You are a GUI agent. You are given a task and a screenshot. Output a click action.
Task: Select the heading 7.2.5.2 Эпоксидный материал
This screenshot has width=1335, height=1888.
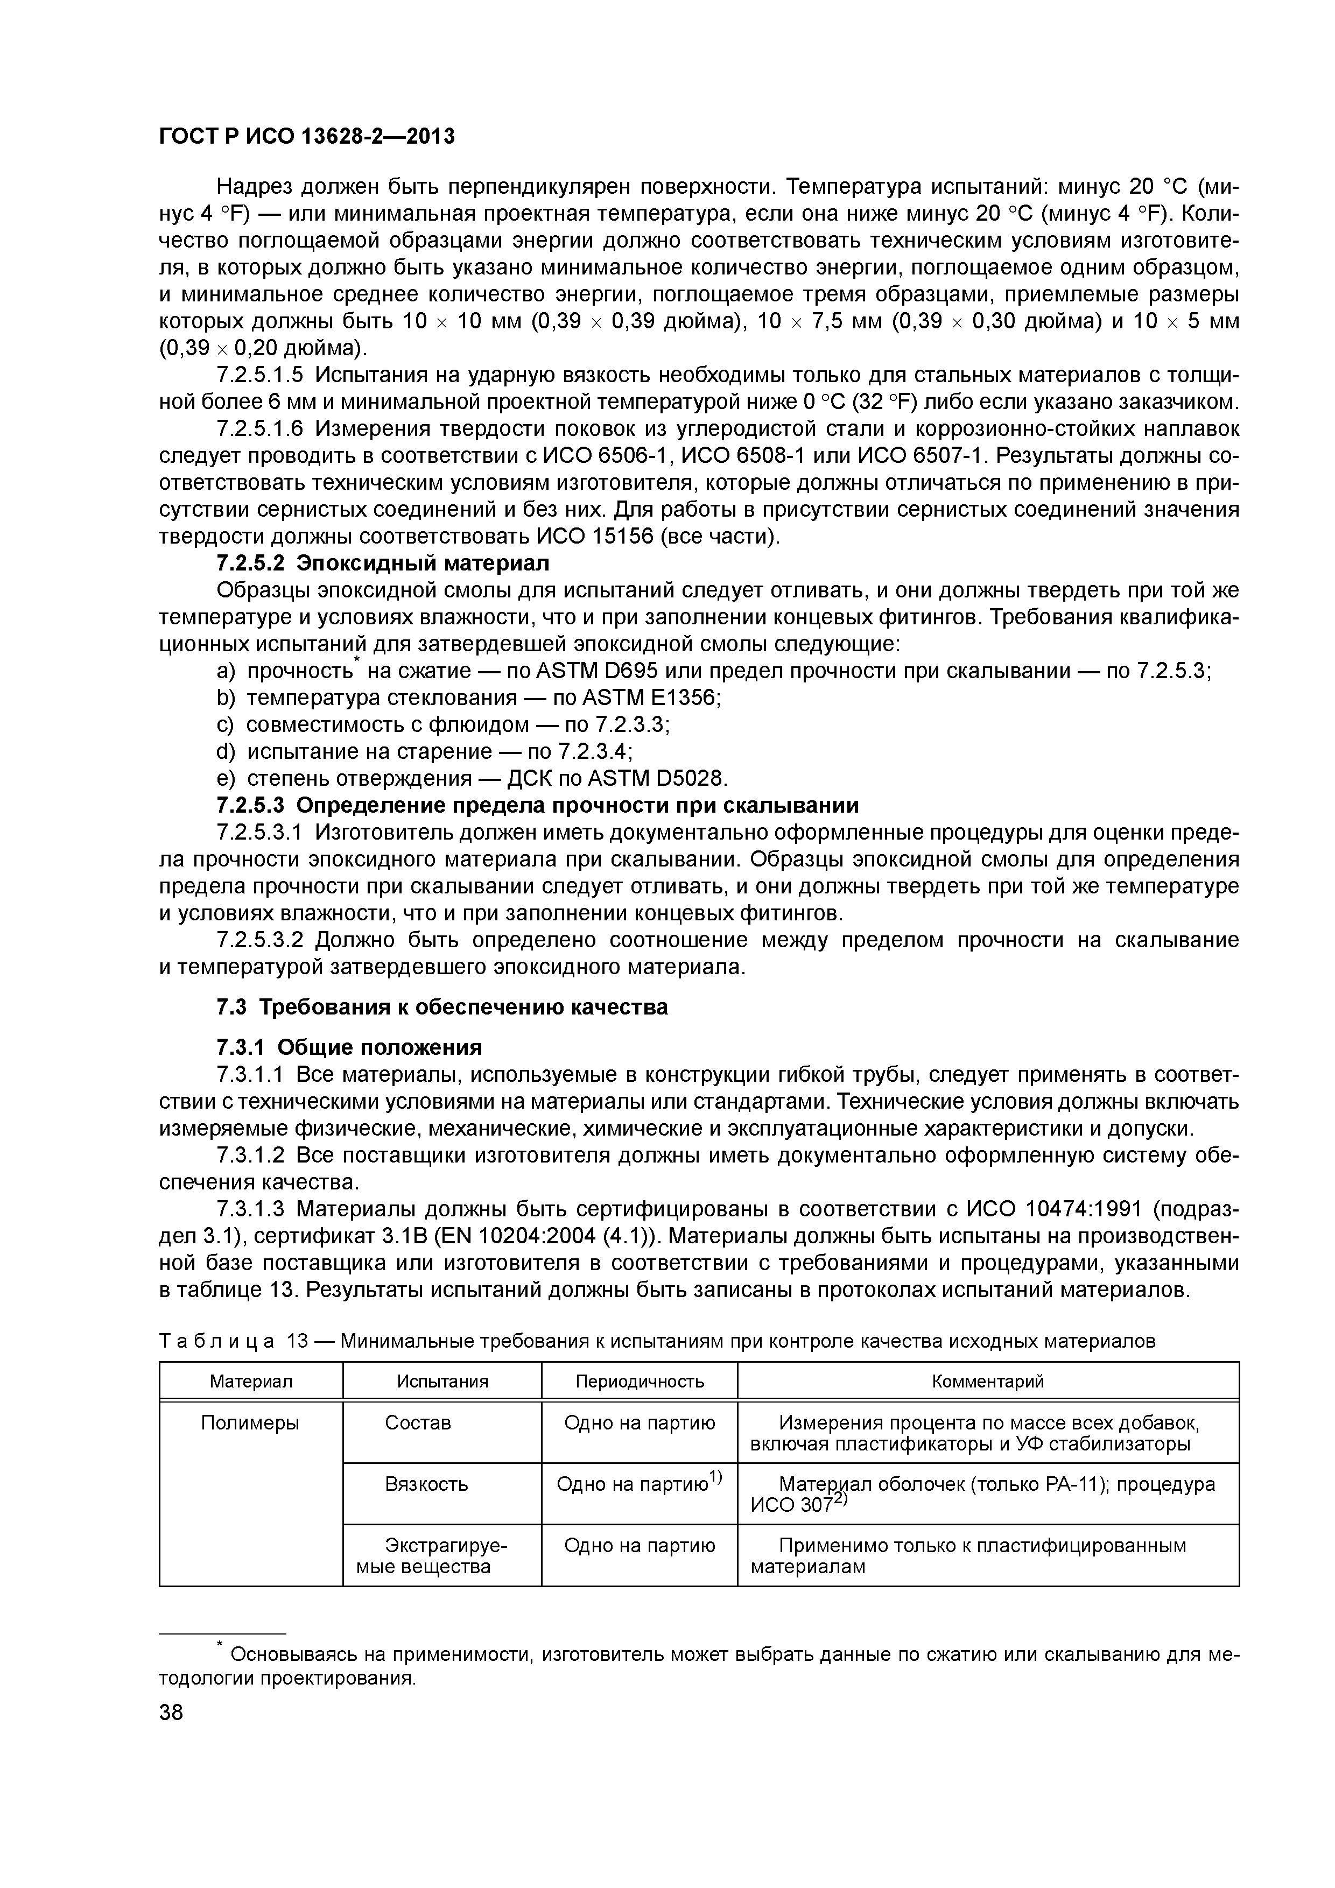[382, 563]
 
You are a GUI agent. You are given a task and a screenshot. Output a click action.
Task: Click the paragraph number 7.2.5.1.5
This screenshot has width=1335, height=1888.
[260, 375]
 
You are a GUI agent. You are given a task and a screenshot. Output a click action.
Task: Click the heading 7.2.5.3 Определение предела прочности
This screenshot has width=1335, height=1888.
[537, 805]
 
